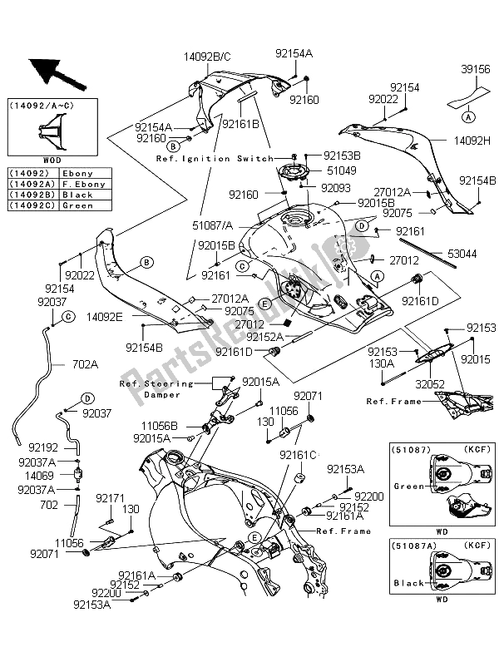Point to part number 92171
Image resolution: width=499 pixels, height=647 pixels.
coord(109,498)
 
